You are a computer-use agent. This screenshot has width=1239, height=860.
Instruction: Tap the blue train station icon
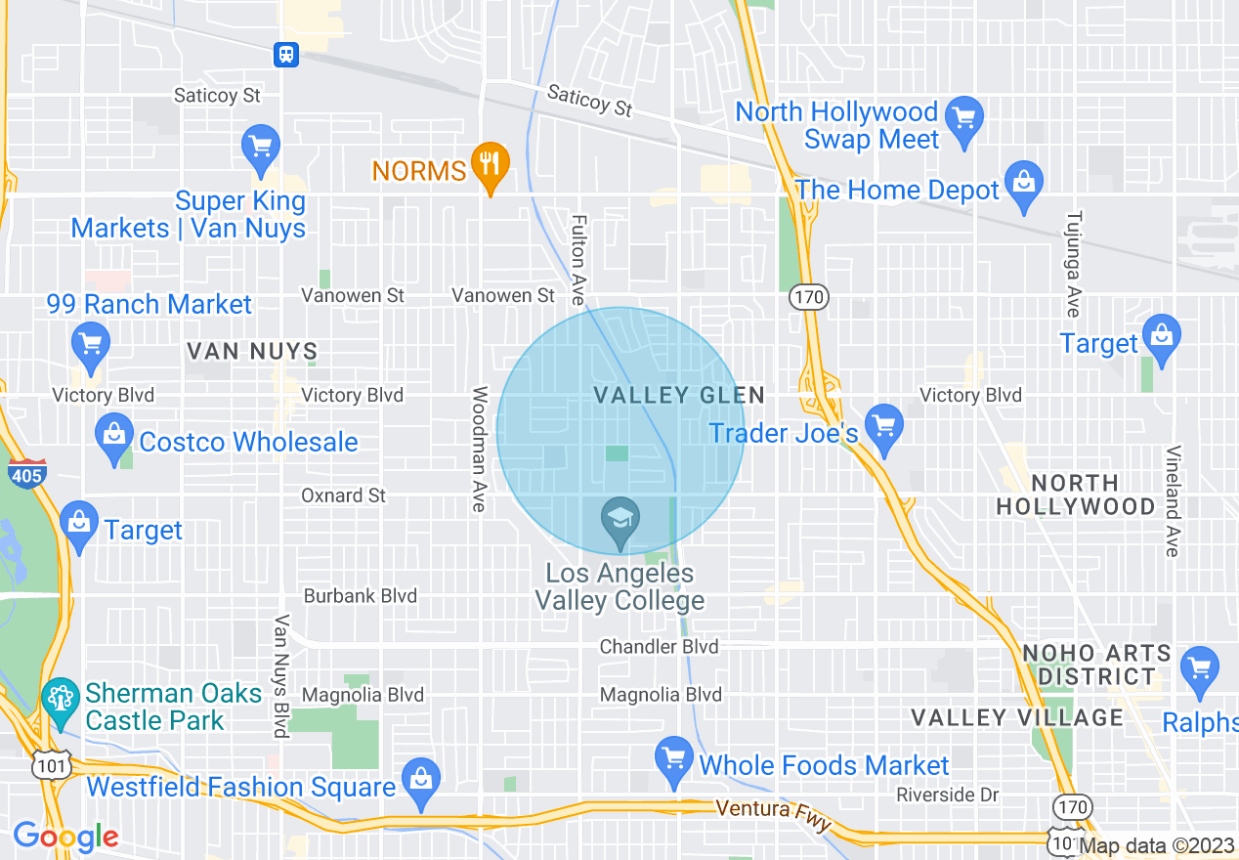click(286, 54)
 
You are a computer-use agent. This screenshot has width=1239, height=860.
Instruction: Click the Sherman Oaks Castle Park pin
click(61, 700)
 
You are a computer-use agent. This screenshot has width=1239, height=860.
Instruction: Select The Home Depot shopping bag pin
click(1024, 183)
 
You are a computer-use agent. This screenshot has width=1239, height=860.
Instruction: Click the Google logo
click(65, 837)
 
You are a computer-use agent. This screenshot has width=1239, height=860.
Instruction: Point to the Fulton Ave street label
click(578, 259)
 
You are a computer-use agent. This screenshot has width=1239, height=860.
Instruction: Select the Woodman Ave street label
click(479, 449)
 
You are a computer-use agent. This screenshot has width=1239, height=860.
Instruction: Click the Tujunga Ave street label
click(1073, 263)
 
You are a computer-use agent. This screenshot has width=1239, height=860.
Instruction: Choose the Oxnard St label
click(343, 495)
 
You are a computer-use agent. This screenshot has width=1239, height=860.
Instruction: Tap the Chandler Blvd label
click(659, 646)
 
